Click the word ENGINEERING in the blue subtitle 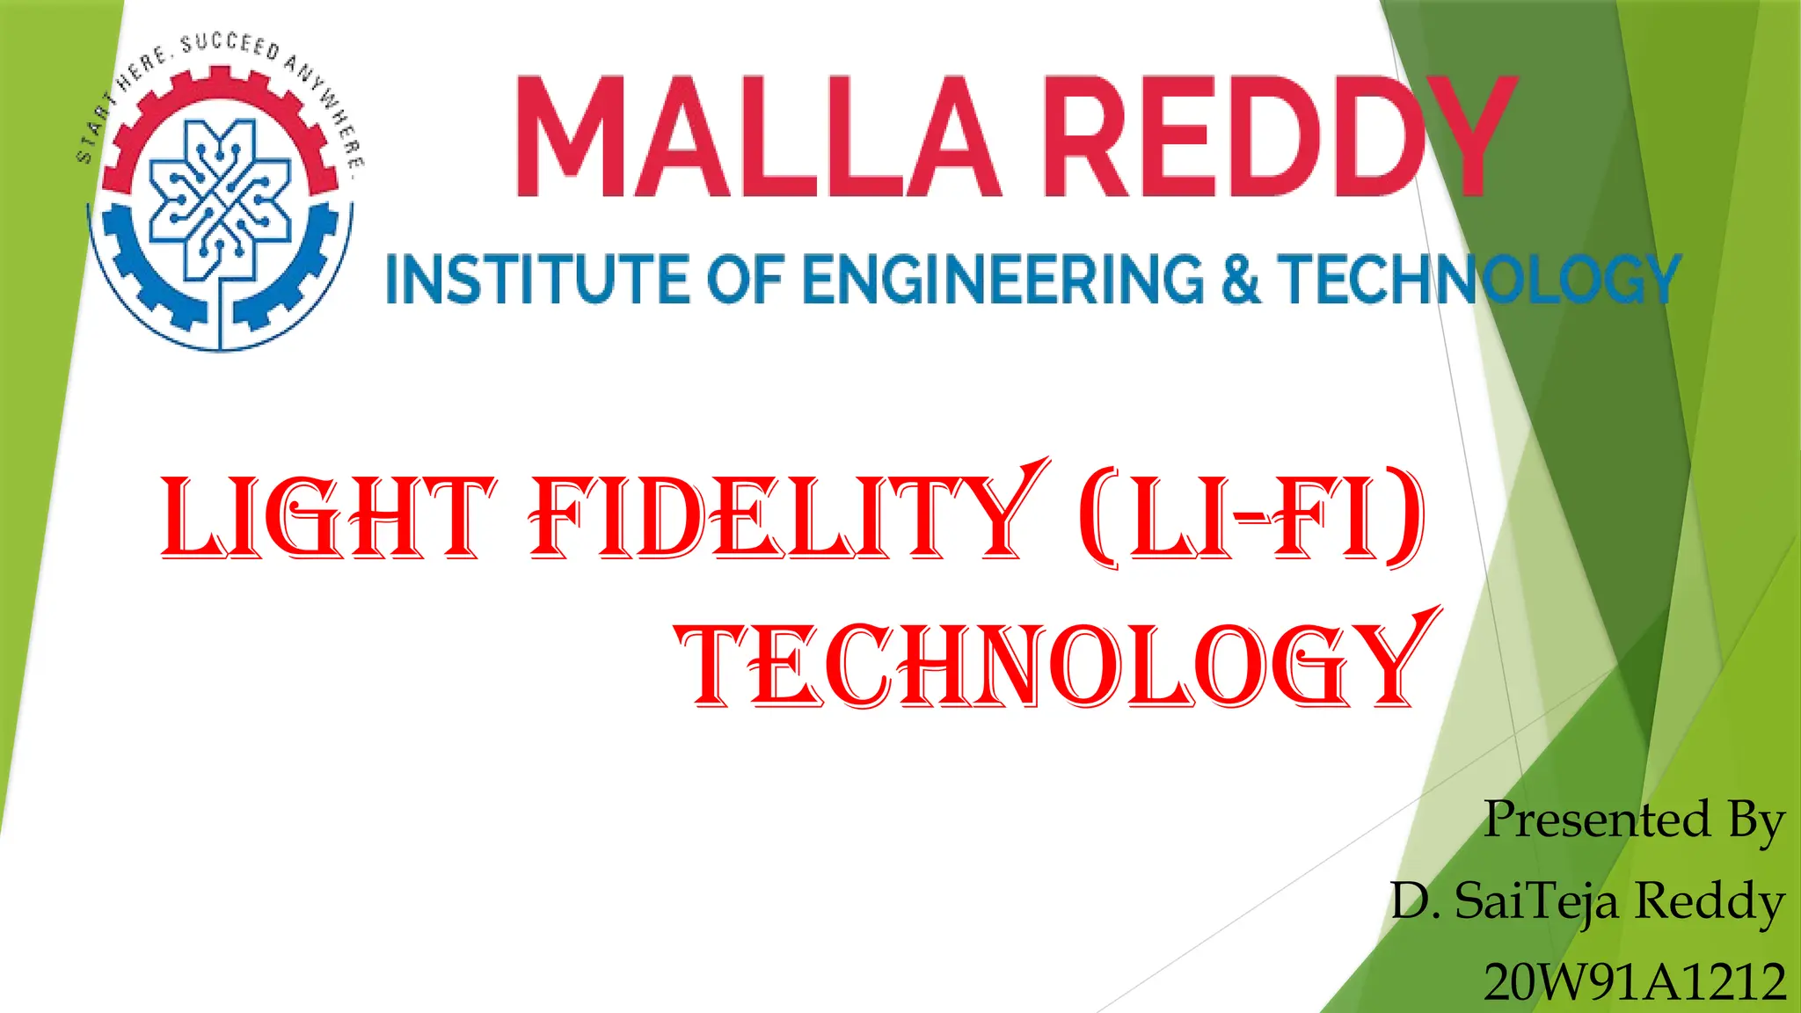click(1003, 280)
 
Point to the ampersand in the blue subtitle click(1240, 280)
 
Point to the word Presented click(1596, 820)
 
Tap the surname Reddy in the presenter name click(1710, 902)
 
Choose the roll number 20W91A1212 click(1635, 981)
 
